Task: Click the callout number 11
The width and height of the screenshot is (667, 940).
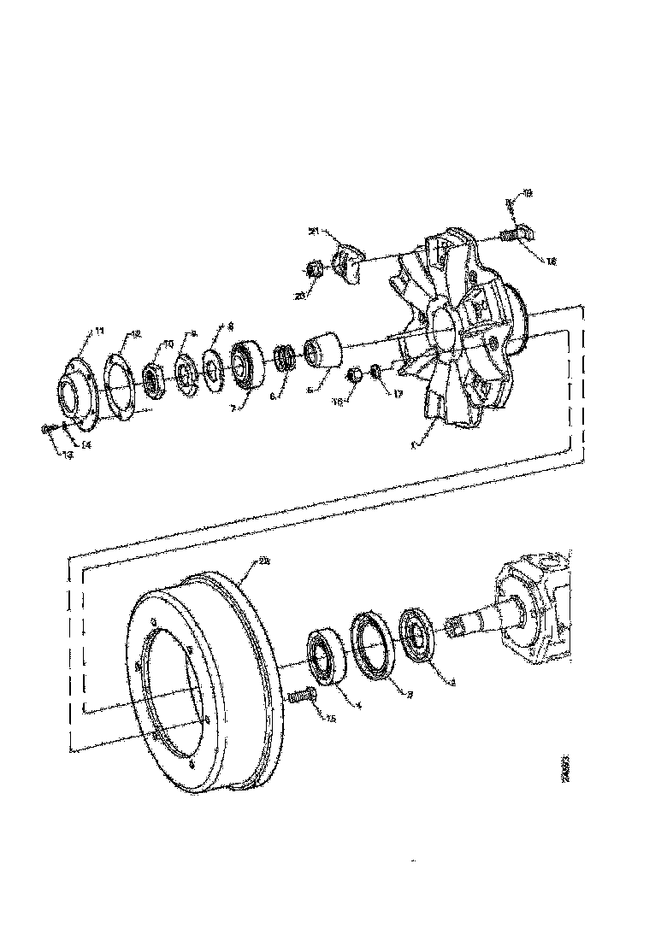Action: click(x=100, y=330)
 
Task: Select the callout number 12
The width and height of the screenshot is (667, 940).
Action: click(x=136, y=333)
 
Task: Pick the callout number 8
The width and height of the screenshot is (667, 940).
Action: click(x=229, y=326)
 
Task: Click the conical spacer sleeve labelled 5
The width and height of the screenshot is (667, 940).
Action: click(x=323, y=350)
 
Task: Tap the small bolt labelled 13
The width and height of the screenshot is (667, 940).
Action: click(x=47, y=429)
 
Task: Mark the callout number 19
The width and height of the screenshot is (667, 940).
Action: click(x=527, y=194)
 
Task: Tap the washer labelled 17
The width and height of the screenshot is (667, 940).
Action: click(x=375, y=372)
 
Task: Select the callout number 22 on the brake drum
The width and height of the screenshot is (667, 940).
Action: click(x=264, y=561)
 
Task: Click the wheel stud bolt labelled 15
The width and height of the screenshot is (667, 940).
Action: click(x=299, y=698)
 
